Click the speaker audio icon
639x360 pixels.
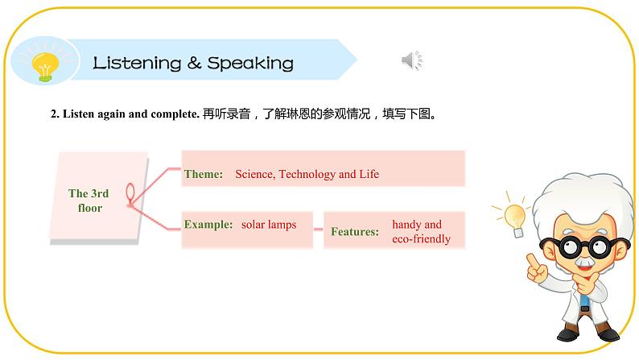pyautogui.click(x=411, y=60)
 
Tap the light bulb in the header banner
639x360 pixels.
pyautogui.click(x=44, y=64)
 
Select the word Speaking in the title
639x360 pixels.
pyautogui.click(x=250, y=64)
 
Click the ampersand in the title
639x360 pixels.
pyautogui.click(x=193, y=64)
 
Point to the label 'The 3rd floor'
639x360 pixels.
pyautogui.click(x=89, y=201)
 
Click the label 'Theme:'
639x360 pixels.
pyautogui.click(x=204, y=174)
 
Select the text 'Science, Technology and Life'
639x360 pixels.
pyautogui.click(x=307, y=174)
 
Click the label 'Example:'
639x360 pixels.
pyautogui.click(x=208, y=225)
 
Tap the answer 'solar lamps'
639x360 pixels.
pyautogui.click(x=269, y=225)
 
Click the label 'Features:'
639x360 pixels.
pyautogui.click(x=354, y=232)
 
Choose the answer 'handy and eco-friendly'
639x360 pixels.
pyautogui.click(x=421, y=232)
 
